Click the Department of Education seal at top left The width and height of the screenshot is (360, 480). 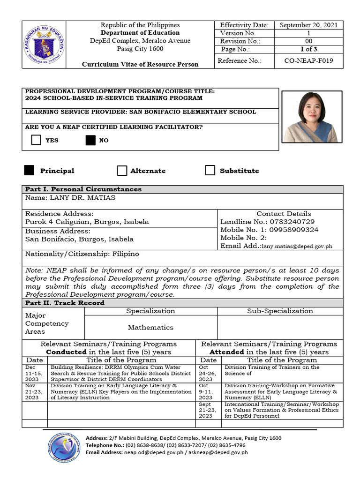[x=44, y=45]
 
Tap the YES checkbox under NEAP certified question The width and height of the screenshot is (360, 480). [x=36, y=140]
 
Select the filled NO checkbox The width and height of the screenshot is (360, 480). [x=90, y=140]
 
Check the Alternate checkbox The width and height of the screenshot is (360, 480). [x=122, y=171]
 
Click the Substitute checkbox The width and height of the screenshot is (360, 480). [x=210, y=171]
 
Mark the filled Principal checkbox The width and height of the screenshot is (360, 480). [x=29, y=171]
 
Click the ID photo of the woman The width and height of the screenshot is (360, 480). [x=310, y=117]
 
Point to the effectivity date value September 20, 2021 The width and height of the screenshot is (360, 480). [x=308, y=25]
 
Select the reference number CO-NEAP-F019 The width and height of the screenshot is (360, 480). [x=309, y=60]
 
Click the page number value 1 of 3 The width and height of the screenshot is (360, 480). [x=309, y=49]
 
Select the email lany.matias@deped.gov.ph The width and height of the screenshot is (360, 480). [x=297, y=246]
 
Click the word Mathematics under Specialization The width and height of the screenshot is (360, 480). [x=150, y=327]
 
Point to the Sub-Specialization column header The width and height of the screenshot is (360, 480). [x=280, y=311]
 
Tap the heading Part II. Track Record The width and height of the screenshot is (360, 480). [x=64, y=303]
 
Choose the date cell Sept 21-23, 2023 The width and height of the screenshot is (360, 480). [x=206, y=410]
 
